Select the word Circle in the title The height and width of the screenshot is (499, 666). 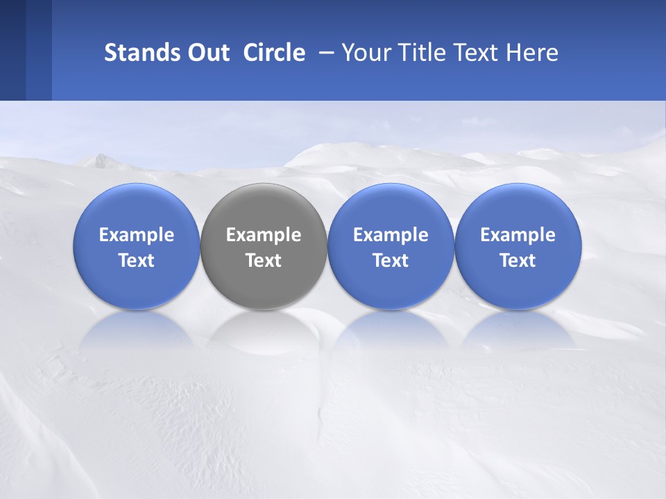click(274, 53)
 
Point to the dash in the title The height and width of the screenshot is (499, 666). click(323, 53)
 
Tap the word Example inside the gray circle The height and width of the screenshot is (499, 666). click(264, 235)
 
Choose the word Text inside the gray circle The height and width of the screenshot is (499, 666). click(264, 261)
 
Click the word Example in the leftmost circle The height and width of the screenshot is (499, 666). click(136, 235)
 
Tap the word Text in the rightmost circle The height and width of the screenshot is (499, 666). click(518, 261)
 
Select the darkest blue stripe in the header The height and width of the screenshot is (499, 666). click(12, 50)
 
